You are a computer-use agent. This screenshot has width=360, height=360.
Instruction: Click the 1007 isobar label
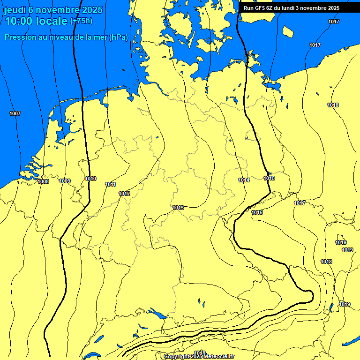click(15, 114)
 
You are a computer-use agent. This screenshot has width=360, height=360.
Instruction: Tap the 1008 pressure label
click(43, 181)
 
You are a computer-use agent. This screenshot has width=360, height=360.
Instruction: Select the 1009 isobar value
click(65, 181)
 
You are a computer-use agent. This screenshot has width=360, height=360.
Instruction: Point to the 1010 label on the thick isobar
click(91, 179)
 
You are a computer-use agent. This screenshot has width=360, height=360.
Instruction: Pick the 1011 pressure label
click(111, 184)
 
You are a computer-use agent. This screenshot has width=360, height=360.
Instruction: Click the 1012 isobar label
click(124, 194)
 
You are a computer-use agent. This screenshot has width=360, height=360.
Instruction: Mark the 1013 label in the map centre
click(178, 208)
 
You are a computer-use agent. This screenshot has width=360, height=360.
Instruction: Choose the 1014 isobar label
click(244, 180)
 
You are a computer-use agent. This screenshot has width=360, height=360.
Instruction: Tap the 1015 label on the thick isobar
click(270, 178)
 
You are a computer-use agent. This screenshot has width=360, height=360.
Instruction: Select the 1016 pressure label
click(257, 212)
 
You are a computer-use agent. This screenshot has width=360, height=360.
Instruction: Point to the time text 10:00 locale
click(37, 22)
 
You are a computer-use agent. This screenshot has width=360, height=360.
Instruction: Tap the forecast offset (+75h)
click(81, 21)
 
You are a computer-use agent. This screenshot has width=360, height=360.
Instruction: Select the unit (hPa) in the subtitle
click(118, 37)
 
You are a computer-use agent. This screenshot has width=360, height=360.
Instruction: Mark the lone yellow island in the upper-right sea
click(288, 31)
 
